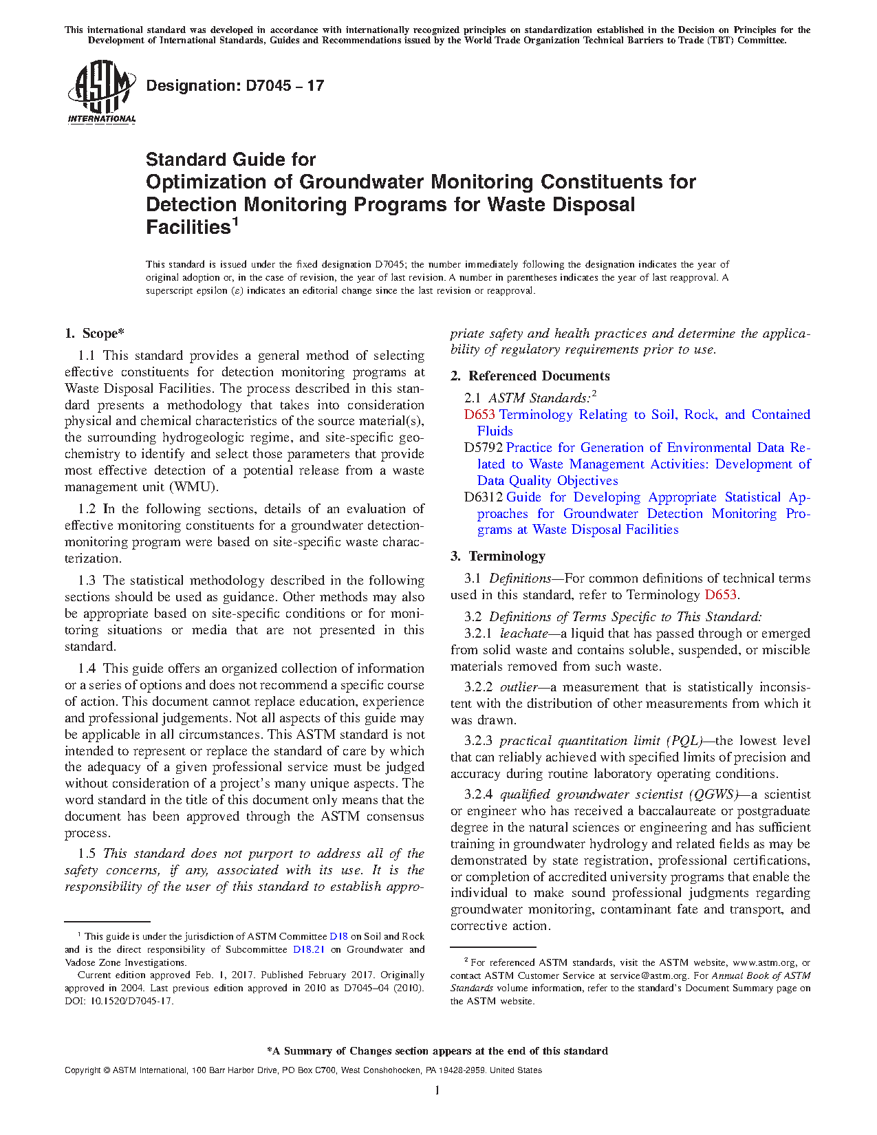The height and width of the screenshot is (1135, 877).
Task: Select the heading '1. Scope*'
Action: click(x=95, y=334)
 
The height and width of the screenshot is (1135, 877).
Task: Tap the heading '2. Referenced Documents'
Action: click(x=530, y=376)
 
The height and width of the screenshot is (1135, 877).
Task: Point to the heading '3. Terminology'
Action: click(x=498, y=556)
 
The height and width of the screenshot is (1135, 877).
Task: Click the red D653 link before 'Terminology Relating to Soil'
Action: click(x=479, y=415)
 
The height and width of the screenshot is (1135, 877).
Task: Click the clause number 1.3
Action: click(x=87, y=581)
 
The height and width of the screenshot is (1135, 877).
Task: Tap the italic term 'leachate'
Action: click(x=523, y=634)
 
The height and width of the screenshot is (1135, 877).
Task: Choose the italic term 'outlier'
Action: click(x=519, y=687)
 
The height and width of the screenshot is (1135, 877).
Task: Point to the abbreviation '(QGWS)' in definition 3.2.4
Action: click(x=713, y=794)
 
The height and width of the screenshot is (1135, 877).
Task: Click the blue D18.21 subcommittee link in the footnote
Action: click(x=308, y=950)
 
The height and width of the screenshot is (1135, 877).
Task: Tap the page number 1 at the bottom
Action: click(x=437, y=1090)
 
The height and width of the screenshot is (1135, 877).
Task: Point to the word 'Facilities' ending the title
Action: click(x=188, y=228)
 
